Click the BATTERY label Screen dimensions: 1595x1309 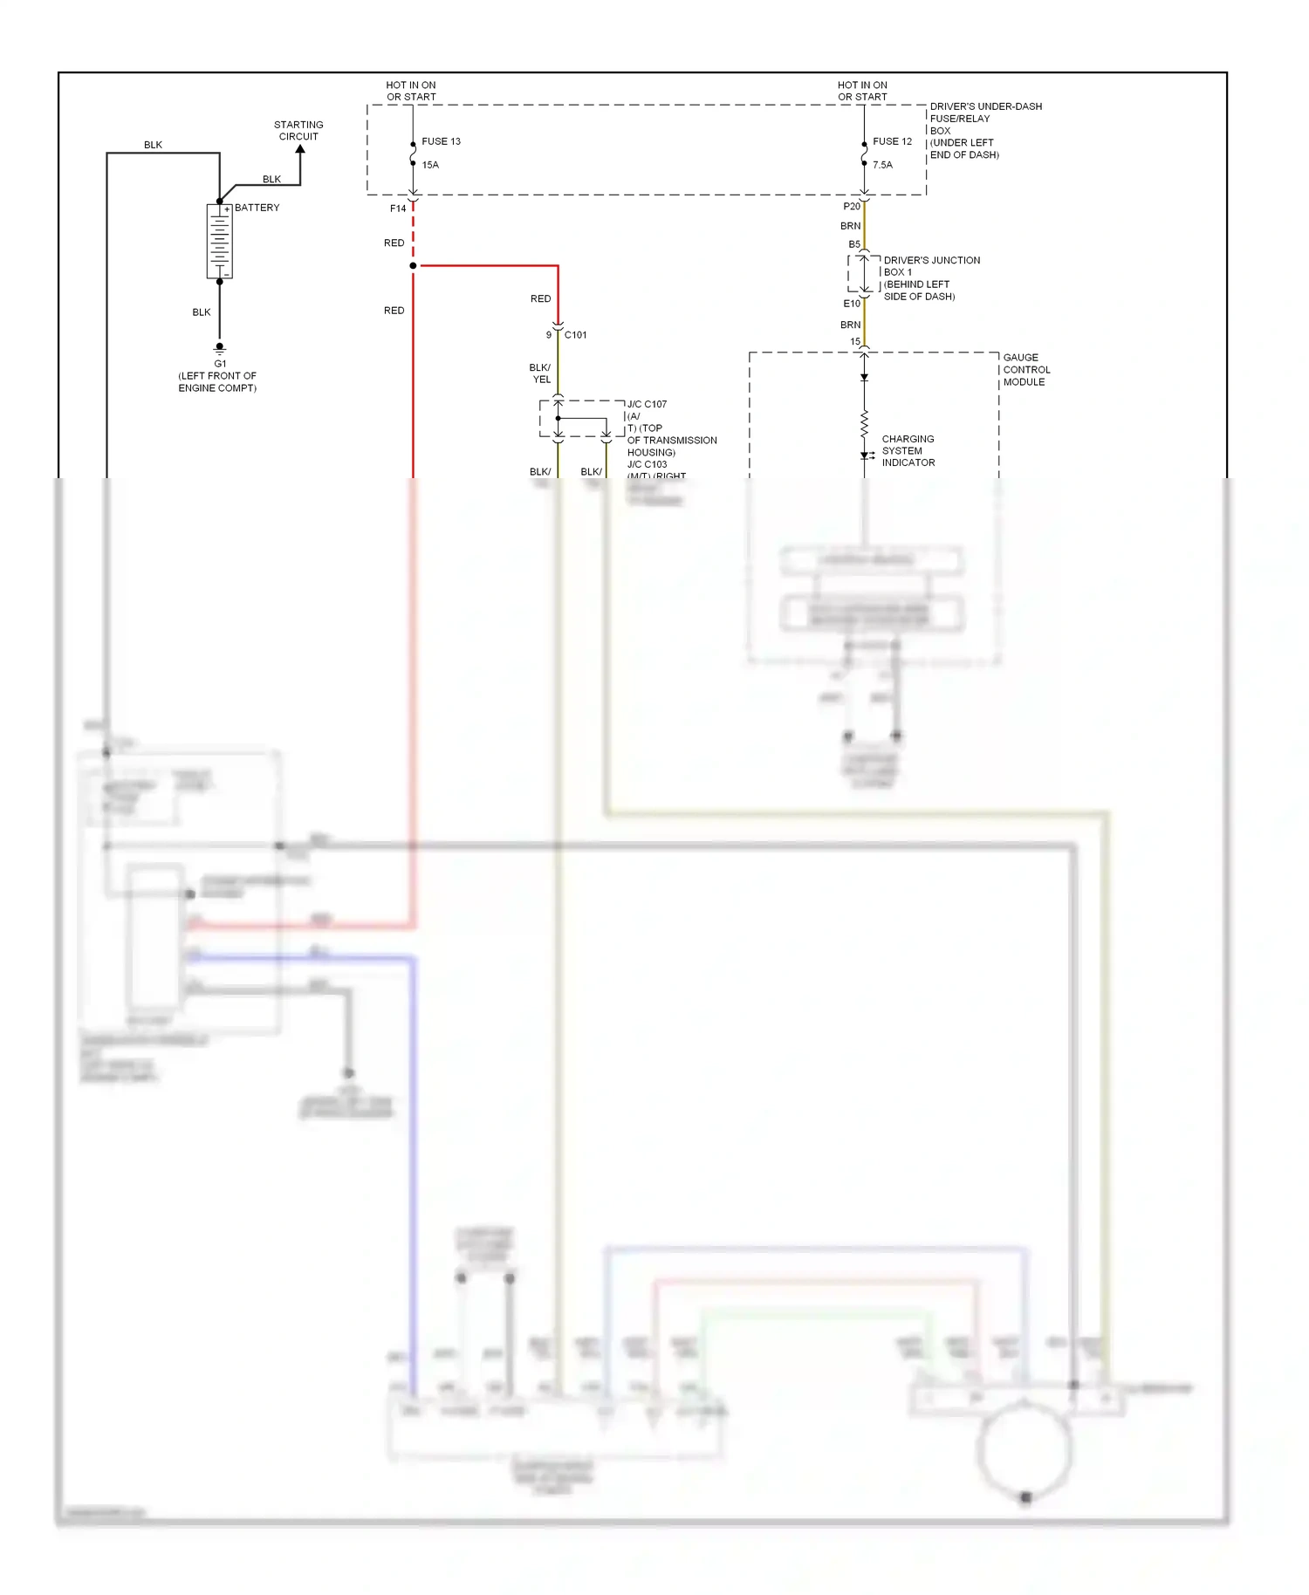pyautogui.click(x=257, y=208)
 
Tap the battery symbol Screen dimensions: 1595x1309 pyautogui.click(x=219, y=242)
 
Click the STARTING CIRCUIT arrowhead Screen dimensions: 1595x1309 pyautogui.click(x=300, y=150)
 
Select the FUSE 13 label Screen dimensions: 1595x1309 pyautogui.click(x=441, y=141)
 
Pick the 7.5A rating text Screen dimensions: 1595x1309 pyautogui.click(x=882, y=165)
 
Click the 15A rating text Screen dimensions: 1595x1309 pyautogui.click(x=430, y=165)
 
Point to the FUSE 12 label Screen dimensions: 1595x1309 pyautogui.click(x=892, y=141)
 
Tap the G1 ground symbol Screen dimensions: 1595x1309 pyautogui.click(x=220, y=348)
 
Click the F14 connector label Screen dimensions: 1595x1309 pyautogui.click(x=398, y=209)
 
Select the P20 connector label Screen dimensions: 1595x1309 pyautogui.click(x=851, y=207)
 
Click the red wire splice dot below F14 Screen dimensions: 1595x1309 pyautogui.click(x=413, y=265)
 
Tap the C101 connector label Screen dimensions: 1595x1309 pyautogui.click(x=575, y=335)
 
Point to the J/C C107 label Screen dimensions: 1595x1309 pyautogui.click(x=647, y=404)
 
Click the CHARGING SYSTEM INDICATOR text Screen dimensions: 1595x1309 pyautogui.click(x=908, y=451)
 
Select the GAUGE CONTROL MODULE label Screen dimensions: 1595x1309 pyautogui.click(x=1026, y=370)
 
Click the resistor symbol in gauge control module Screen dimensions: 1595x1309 pyautogui.click(x=864, y=425)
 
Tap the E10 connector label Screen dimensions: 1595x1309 pyautogui.click(x=851, y=304)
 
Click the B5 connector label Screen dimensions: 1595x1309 pyautogui.click(x=854, y=244)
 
